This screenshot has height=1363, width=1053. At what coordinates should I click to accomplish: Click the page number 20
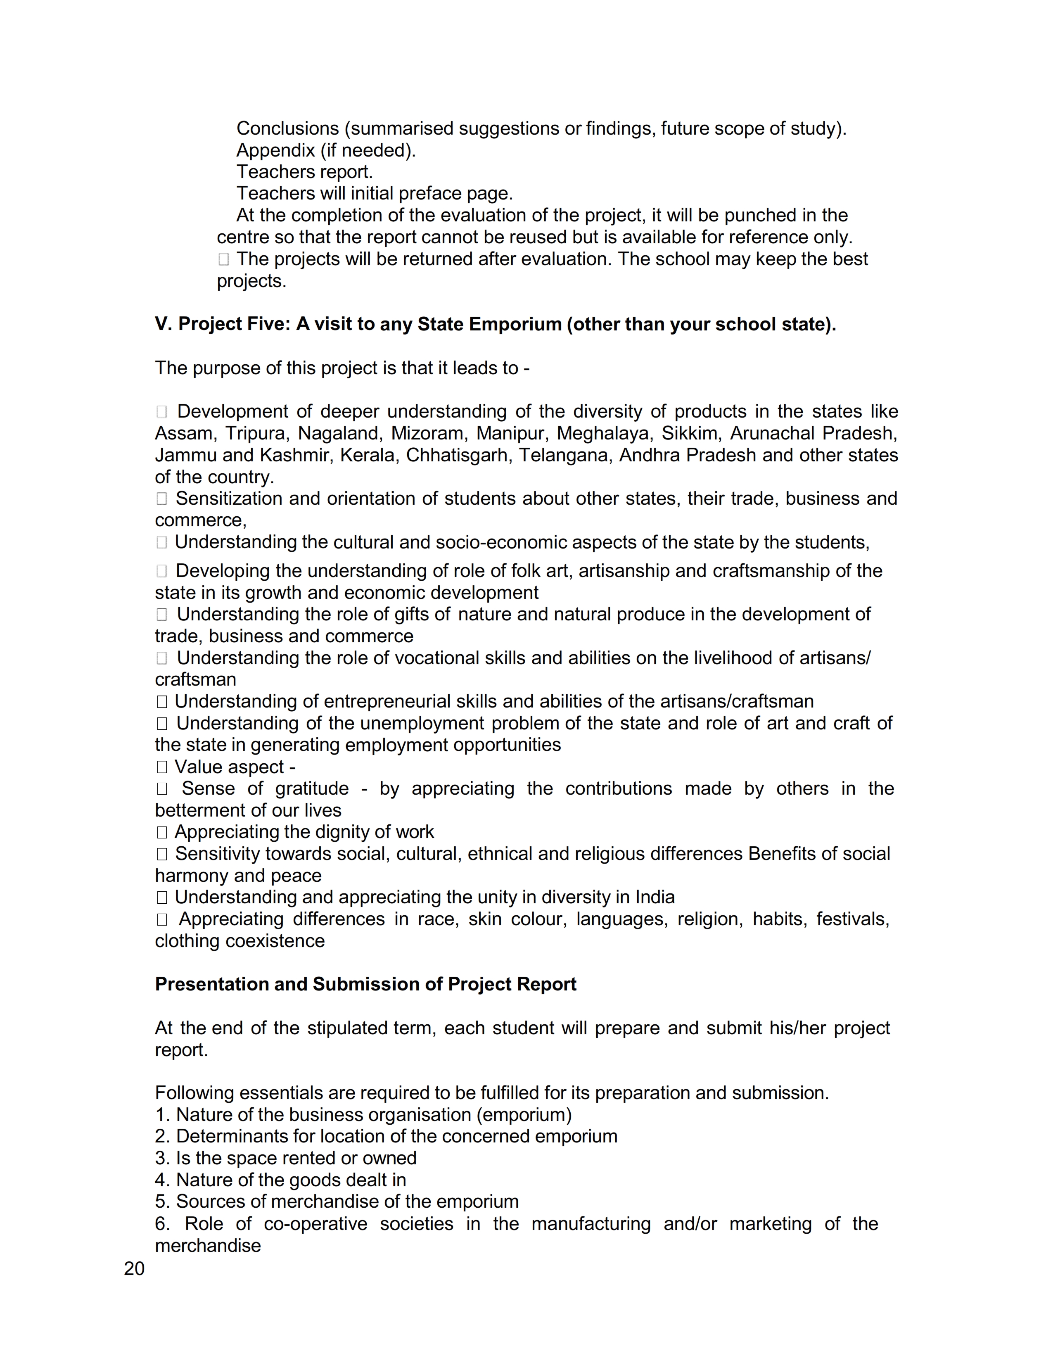[134, 1269]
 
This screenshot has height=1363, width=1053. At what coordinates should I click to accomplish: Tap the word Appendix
[275, 150]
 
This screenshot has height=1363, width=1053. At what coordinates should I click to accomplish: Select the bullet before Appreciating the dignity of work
[161, 833]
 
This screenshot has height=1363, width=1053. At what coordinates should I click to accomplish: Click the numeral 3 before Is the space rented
[160, 1158]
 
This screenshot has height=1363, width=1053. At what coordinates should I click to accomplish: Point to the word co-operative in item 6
[315, 1224]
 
